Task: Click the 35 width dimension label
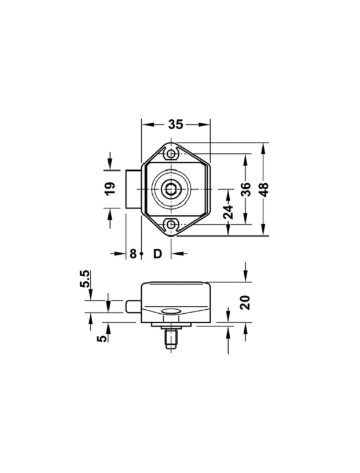point(175,124)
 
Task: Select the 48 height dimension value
point(265,189)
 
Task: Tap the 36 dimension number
point(246,189)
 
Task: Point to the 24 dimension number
point(228,212)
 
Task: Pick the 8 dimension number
point(133,254)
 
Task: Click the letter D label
point(157,254)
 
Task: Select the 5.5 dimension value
point(85,280)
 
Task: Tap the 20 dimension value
point(245,302)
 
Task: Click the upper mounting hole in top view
point(171,155)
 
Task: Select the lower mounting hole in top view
point(171,225)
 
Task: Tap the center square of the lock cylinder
point(171,189)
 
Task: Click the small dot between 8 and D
point(141,254)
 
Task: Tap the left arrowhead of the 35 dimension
point(145,124)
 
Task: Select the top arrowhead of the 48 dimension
point(265,147)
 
